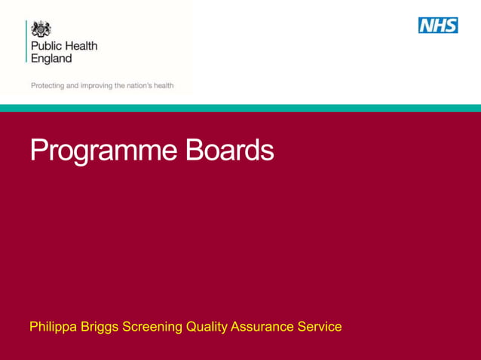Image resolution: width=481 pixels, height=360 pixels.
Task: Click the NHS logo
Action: click(439, 26)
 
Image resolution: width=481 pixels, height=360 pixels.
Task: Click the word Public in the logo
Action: click(45, 46)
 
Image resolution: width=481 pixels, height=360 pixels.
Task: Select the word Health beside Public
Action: click(80, 46)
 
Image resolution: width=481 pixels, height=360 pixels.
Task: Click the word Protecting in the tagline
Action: click(47, 86)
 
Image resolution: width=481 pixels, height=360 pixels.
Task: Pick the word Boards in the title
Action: click(229, 150)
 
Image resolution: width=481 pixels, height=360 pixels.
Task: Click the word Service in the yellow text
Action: click(320, 327)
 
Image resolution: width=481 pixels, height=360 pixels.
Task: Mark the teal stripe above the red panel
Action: click(240, 108)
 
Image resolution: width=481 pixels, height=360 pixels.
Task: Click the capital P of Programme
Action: click(39, 150)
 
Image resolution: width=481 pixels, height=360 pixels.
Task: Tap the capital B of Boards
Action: click(195, 150)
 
